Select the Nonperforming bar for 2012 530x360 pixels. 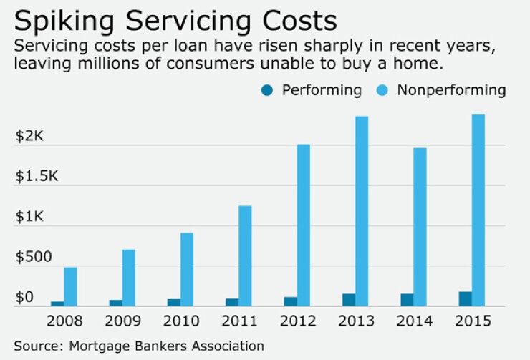303,225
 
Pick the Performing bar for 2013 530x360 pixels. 349,300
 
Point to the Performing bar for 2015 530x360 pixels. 465,299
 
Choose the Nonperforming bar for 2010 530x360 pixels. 186,270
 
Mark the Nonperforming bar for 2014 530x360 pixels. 420,227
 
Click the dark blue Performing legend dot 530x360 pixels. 267,91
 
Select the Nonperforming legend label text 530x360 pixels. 451,91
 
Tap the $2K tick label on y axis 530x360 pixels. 29,136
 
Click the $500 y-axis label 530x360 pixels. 34,256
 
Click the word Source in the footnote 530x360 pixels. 36,346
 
